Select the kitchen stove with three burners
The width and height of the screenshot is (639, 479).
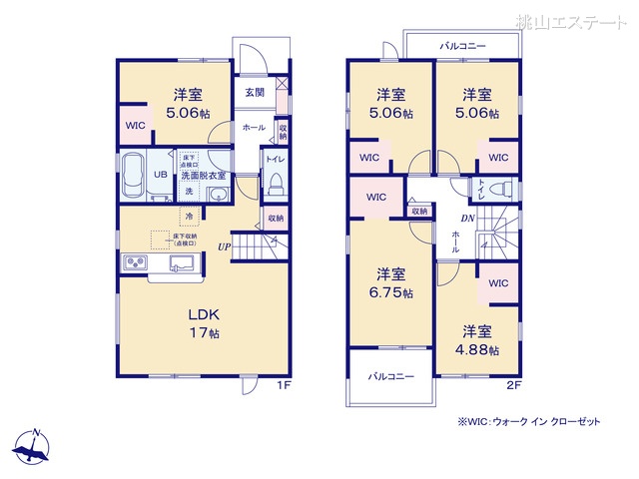click(135, 263)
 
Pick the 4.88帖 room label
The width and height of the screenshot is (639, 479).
click(477, 340)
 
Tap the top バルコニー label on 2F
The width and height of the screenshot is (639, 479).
click(462, 46)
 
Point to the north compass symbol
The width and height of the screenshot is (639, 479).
click(35, 446)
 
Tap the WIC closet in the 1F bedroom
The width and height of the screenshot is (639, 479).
click(135, 126)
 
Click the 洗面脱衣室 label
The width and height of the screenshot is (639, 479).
click(203, 176)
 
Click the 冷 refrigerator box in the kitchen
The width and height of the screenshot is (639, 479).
click(188, 215)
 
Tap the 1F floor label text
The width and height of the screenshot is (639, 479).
click(284, 383)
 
